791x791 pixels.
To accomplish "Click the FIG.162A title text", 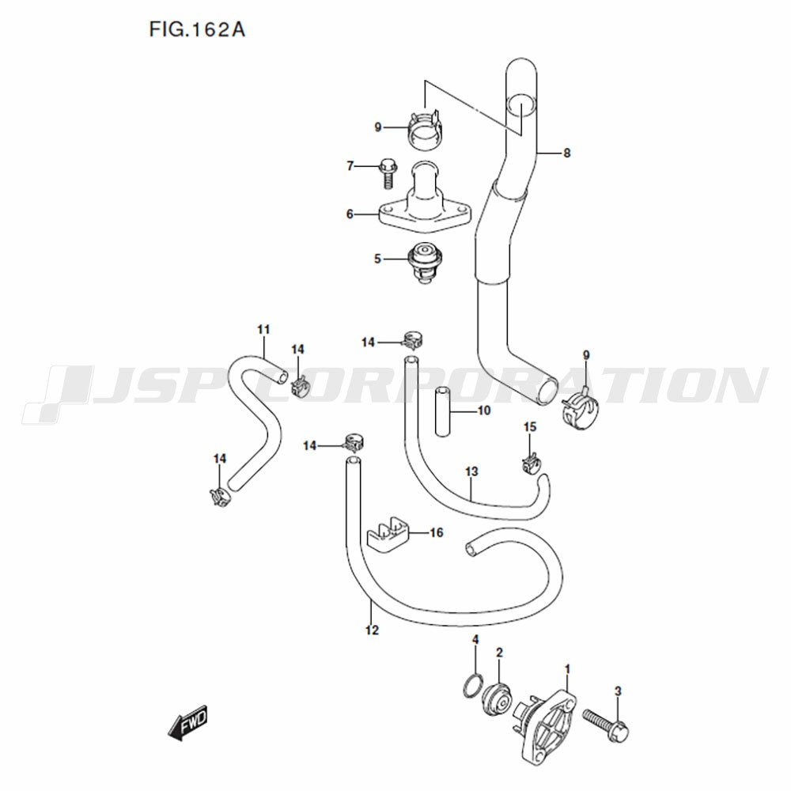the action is point(197,30).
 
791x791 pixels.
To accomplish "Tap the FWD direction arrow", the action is point(187,722).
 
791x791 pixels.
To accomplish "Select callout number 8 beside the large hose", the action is point(566,153).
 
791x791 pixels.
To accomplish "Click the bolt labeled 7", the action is point(387,174).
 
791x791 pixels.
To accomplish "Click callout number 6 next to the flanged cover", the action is point(350,214).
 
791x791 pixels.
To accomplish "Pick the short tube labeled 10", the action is point(442,411).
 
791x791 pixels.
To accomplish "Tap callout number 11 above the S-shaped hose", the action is point(263,329).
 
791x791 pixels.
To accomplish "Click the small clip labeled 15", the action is point(529,464).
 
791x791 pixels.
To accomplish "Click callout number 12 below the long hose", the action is point(372,630).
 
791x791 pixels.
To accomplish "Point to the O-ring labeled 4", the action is point(473,685).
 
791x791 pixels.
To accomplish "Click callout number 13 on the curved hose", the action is point(471,471).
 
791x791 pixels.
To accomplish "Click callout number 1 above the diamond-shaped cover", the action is point(567,669).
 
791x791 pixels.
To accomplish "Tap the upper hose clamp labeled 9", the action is point(425,130).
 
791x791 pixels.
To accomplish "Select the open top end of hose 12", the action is point(353,461).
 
